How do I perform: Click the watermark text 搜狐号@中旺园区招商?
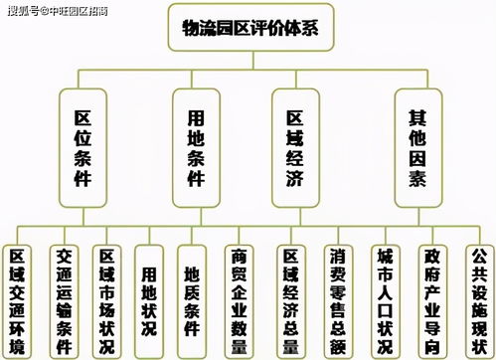58,11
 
